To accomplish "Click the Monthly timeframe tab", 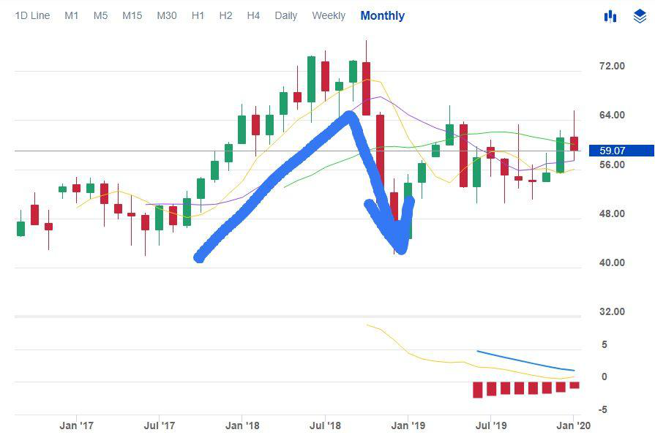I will tap(382, 15).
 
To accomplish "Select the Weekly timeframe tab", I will tap(328, 15).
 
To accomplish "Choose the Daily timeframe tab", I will tap(285, 15).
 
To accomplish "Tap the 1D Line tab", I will tap(32, 15).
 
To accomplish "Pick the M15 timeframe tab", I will tap(132, 15).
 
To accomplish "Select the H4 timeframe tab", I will tap(253, 15).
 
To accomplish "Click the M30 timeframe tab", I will tap(166, 15).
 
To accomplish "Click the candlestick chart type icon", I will tap(610, 16).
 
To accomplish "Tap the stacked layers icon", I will tap(639, 16).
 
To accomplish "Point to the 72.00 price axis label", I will tap(612, 66).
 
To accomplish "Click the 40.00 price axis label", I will tap(612, 262).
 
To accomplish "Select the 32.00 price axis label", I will tap(612, 311).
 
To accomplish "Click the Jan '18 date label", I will tap(242, 425).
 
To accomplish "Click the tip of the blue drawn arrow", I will tap(402, 251).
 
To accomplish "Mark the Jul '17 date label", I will tap(159, 425).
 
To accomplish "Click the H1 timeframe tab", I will tap(198, 15).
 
